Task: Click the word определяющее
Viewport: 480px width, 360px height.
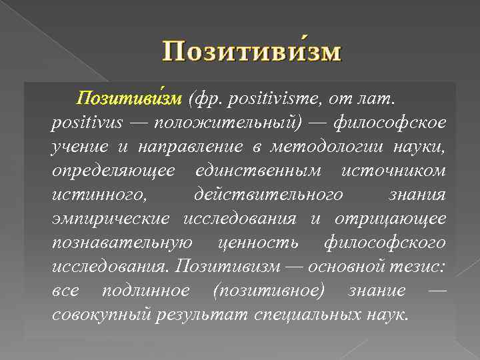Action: pos(113,171)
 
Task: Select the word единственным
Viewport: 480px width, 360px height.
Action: pos(259,171)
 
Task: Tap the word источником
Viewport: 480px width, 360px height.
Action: pos(393,171)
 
